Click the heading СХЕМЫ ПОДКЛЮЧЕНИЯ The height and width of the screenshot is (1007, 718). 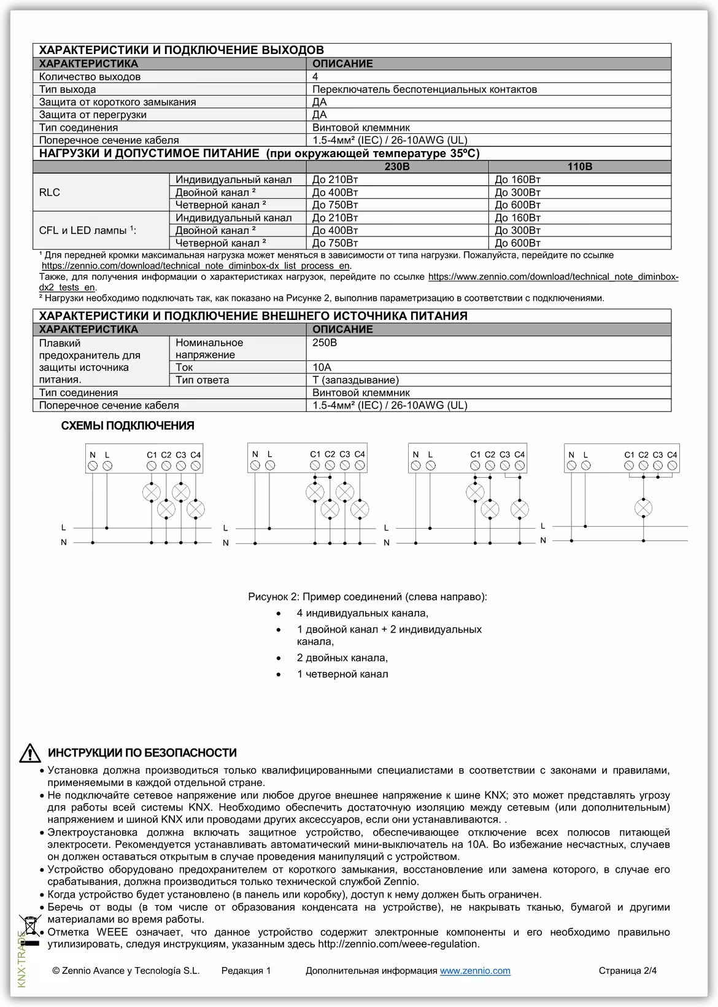pos(128,426)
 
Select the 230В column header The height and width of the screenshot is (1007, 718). pos(397,166)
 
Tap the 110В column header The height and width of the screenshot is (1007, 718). pos(579,166)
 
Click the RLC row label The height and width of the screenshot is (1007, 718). pos(50,192)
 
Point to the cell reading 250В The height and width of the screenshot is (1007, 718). pos(325,343)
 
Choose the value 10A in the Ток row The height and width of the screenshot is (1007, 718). pos(322,367)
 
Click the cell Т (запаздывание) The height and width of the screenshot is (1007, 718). pos(355,380)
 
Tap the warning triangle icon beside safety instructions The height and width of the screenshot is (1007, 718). pos(29,752)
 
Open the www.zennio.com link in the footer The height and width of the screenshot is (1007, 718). pos(475,971)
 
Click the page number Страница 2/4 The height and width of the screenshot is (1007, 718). pos(627,971)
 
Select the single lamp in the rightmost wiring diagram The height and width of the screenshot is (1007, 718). pos(643,508)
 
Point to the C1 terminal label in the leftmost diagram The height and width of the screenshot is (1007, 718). pos(152,455)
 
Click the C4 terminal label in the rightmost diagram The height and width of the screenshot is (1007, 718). pos(672,455)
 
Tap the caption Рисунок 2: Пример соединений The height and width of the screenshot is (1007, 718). pos(367,597)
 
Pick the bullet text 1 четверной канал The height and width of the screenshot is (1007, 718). pos(342,674)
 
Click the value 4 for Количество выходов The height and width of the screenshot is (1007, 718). pos(315,77)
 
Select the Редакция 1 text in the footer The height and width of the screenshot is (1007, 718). pos(245,971)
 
